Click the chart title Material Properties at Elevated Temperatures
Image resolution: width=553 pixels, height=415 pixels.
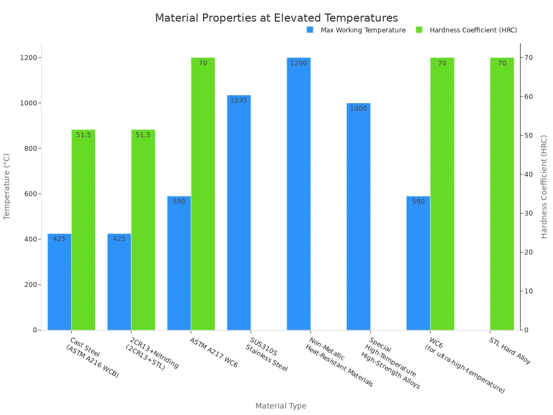pos(276,18)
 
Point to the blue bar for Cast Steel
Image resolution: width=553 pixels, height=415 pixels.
pos(59,282)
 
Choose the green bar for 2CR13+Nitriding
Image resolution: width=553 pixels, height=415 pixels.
pos(143,230)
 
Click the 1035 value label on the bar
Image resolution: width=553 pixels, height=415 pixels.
pos(239,101)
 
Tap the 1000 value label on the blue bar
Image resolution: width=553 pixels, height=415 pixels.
pos(358,109)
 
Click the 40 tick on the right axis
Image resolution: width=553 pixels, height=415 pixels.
pos(529,175)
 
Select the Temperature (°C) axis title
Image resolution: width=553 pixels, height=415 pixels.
pos(7,186)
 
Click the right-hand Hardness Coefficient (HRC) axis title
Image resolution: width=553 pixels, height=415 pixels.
pos(544,186)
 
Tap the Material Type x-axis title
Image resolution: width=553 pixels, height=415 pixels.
pos(280,406)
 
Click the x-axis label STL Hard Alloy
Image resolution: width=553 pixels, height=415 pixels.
pos(510,351)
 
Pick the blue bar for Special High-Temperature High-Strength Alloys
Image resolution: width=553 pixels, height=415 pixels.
pos(359,216)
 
